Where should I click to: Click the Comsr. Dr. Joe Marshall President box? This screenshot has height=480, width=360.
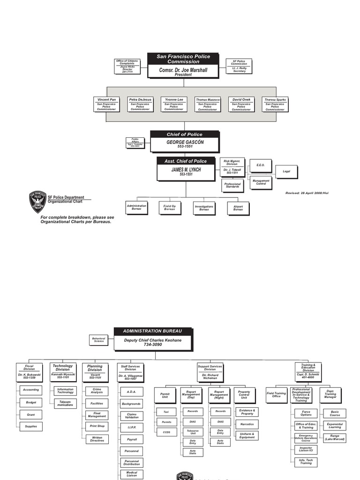(183, 71)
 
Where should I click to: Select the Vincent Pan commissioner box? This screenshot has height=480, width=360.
(106, 105)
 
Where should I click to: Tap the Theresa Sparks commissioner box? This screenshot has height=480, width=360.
(275, 105)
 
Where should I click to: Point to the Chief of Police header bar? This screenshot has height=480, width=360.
(185, 135)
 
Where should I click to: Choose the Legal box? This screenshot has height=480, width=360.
(286, 172)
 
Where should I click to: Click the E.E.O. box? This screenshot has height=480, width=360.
(260, 165)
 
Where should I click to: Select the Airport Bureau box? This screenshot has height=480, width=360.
(238, 207)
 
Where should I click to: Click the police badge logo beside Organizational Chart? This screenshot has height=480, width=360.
(37, 202)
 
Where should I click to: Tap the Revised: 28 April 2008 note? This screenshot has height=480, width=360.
(307, 193)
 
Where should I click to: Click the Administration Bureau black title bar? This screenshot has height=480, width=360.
(152, 331)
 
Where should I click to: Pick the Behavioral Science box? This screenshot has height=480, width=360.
(99, 339)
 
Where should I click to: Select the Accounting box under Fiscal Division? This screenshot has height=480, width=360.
(31, 390)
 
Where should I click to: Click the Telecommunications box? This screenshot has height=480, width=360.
(65, 403)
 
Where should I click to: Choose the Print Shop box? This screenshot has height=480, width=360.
(97, 426)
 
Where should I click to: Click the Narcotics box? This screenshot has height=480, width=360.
(247, 424)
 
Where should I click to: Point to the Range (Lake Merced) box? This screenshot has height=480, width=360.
(335, 438)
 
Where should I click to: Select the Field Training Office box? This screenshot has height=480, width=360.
(276, 395)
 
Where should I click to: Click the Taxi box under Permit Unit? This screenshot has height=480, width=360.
(166, 412)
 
